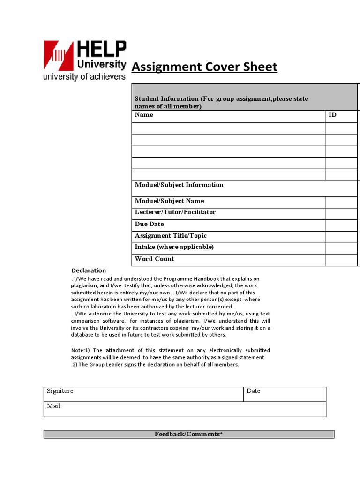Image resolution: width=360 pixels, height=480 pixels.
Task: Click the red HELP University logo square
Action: [x=59, y=56]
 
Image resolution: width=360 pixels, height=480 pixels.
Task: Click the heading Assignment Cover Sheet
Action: [x=204, y=67]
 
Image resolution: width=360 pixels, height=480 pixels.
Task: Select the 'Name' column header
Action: [x=144, y=115]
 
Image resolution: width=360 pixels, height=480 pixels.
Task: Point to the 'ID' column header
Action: [x=332, y=115]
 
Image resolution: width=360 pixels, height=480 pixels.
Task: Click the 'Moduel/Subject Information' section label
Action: [x=179, y=185]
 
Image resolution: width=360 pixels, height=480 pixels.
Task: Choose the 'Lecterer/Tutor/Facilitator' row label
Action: [x=175, y=212]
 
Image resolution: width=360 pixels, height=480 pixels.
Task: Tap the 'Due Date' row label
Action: [x=150, y=224]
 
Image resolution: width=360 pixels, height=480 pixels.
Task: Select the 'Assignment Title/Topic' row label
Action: [x=171, y=236]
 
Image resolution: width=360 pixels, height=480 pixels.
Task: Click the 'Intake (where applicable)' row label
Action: [x=174, y=247]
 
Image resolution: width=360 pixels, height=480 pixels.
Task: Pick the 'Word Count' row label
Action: [x=154, y=259]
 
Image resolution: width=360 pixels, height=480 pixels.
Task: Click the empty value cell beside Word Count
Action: [x=341, y=260]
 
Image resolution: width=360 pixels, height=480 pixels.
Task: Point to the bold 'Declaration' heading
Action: [x=89, y=270]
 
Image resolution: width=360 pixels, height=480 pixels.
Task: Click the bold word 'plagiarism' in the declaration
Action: [x=84, y=285]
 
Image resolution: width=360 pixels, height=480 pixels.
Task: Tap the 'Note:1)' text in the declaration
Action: [x=80, y=350]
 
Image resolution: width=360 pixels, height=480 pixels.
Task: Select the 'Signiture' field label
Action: [x=60, y=391]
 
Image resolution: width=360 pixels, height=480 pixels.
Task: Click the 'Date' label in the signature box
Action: [x=253, y=391]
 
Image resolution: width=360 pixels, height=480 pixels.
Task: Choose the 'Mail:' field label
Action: [x=54, y=406]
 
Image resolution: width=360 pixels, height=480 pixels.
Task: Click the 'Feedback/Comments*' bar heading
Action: [x=188, y=434]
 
